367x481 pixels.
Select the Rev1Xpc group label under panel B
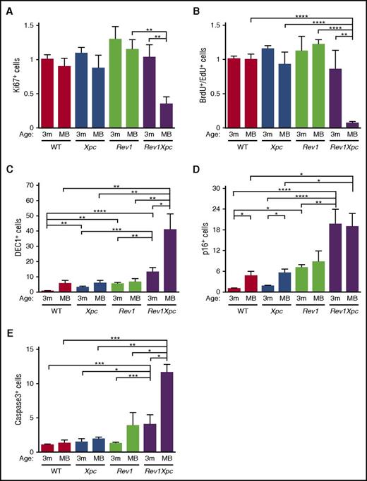[x=337, y=149]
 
